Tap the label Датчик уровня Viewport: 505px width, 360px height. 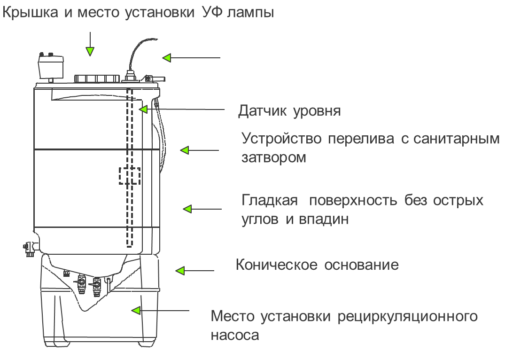289,111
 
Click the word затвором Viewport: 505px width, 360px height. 273,157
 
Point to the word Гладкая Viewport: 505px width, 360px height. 270,200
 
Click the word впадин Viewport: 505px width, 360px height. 324,219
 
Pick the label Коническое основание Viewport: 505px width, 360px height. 317,265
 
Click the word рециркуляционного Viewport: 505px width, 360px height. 407,316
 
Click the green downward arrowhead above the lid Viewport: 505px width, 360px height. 90,51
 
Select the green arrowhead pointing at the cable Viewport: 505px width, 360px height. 166,58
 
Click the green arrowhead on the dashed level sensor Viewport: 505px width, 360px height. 143,109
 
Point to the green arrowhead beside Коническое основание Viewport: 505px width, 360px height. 180,271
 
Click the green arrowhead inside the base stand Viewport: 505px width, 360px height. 136,311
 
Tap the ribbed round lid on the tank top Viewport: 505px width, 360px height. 97,79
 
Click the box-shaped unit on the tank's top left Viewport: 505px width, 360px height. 50,66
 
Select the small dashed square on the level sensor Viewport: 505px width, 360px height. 130,176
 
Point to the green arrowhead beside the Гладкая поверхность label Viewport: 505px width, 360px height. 187,209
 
